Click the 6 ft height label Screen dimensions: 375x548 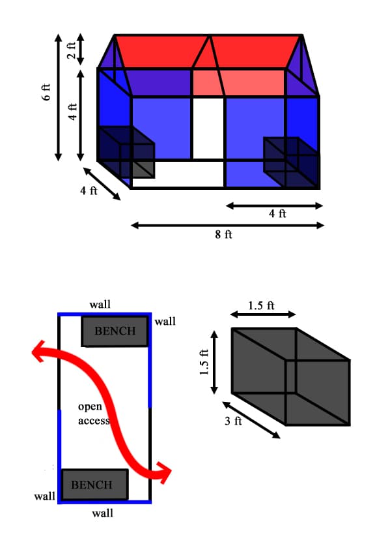pyautogui.click(x=46, y=92)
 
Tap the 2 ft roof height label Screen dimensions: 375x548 pyautogui.click(x=71, y=50)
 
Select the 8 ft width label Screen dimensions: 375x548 pyautogui.click(x=223, y=234)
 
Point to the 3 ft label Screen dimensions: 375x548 pyautogui.click(x=233, y=421)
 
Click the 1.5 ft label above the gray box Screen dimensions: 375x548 pyautogui.click(x=261, y=305)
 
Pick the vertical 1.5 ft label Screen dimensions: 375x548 pyautogui.click(x=204, y=362)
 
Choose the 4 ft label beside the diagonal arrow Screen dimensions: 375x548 pyautogui.click(x=89, y=190)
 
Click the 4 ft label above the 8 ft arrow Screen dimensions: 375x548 pyautogui.click(x=277, y=213)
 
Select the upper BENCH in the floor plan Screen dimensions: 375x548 pyautogui.click(x=115, y=331)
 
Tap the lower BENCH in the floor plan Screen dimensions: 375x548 pyautogui.click(x=94, y=484)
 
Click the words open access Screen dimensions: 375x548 pyautogui.click(x=94, y=414)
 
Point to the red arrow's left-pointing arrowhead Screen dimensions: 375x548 pyautogui.click(x=38, y=351)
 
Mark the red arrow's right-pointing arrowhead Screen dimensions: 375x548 pyautogui.click(x=164, y=472)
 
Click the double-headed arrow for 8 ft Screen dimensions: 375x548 pyautogui.click(x=227, y=226)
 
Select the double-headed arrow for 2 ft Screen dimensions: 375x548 pyautogui.click(x=81, y=50)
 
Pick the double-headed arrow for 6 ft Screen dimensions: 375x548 pyautogui.click(x=58, y=97)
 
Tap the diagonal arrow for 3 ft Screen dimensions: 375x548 pyautogui.click(x=251, y=419)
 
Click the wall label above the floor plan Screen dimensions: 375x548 pyautogui.click(x=100, y=305)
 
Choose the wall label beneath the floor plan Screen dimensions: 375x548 pyautogui.click(x=103, y=513)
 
